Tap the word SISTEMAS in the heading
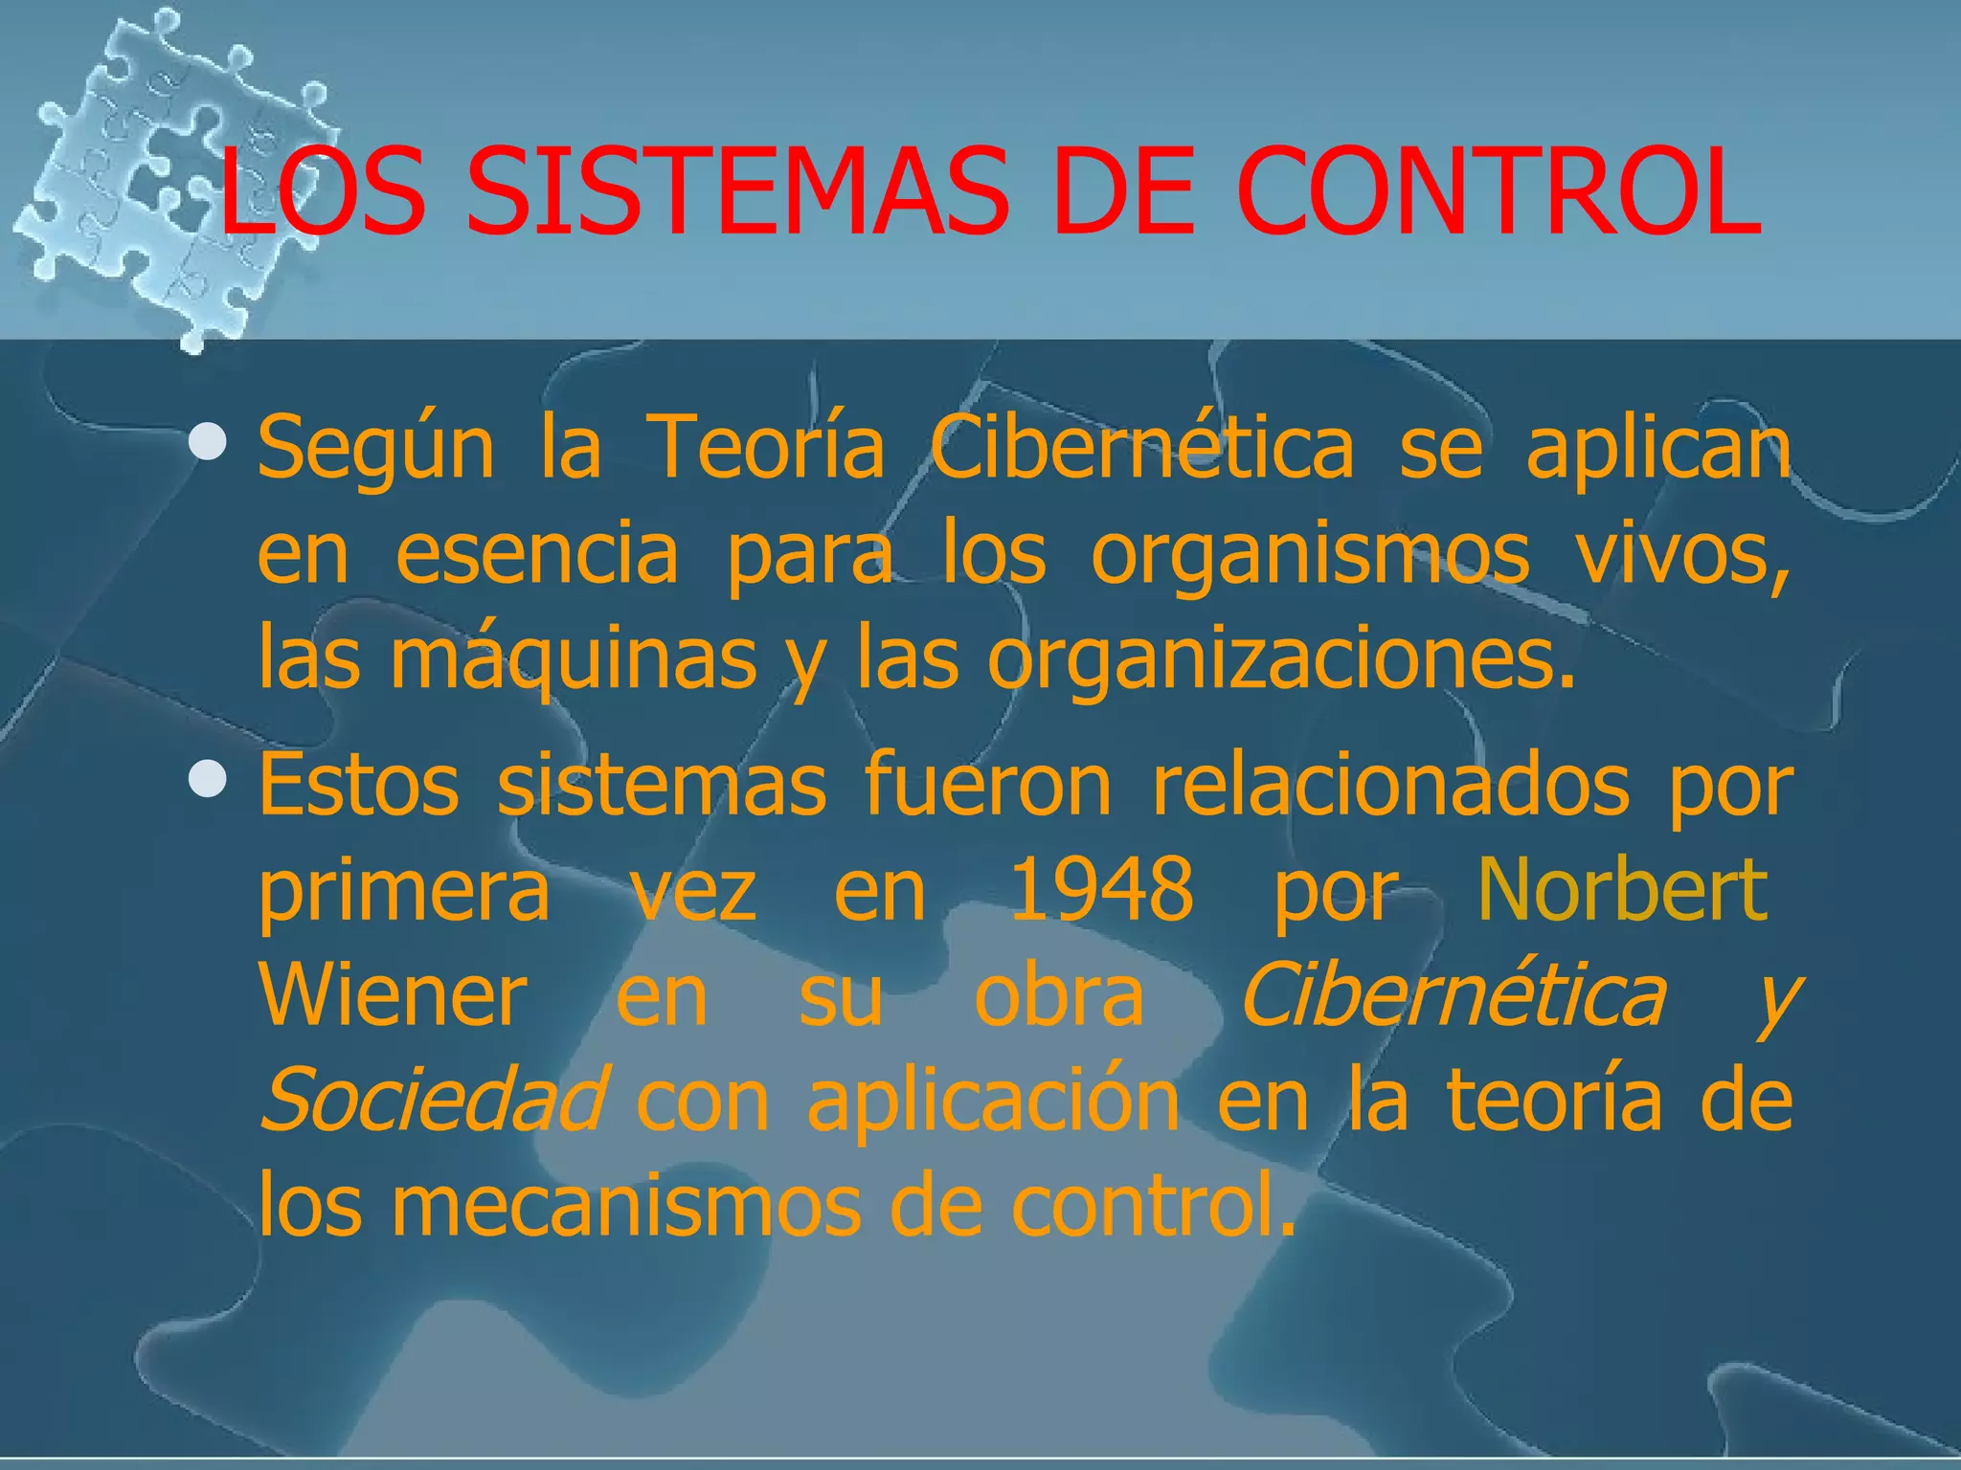click(737, 191)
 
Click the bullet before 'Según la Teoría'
click(208, 443)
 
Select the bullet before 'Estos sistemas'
click(208, 781)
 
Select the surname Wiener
click(393, 995)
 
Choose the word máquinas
click(573, 660)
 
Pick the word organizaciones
click(1281, 660)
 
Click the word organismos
click(1310, 555)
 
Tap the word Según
click(375, 449)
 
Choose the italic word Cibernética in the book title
click(1453, 995)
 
